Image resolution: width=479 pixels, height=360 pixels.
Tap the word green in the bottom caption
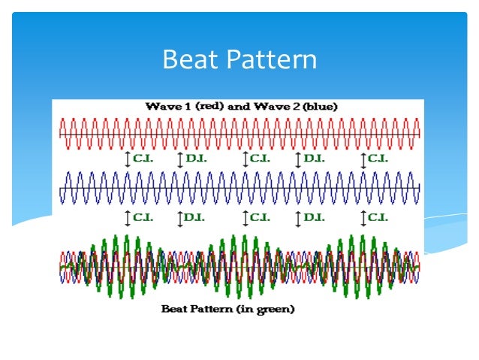pyautogui.click(x=275, y=308)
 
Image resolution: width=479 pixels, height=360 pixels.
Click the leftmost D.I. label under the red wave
pyautogui.click(x=194, y=159)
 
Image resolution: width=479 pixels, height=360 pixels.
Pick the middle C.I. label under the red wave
pyautogui.click(x=259, y=159)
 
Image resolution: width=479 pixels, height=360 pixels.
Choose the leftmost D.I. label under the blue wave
pyautogui.click(x=194, y=217)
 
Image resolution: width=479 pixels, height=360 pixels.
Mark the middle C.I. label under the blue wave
pyautogui.click(x=259, y=217)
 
